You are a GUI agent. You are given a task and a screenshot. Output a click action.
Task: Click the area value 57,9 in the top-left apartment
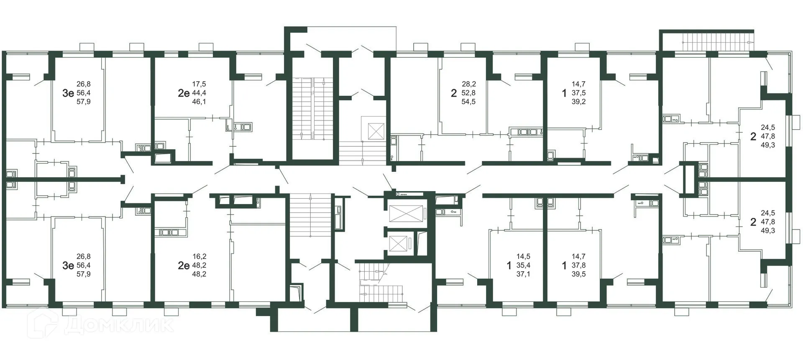click(83, 102)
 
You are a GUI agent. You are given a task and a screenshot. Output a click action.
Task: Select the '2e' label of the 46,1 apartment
click(184, 93)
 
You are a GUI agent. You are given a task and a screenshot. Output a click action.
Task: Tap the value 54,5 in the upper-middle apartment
click(468, 102)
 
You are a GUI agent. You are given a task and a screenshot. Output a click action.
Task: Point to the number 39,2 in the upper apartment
click(578, 102)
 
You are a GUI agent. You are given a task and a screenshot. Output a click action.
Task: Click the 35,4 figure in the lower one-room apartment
click(523, 265)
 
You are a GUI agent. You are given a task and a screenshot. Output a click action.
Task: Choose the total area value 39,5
click(578, 274)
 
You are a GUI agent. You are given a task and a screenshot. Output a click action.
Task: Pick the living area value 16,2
click(199, 256)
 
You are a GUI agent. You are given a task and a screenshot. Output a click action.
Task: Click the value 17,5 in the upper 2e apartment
click(199, 84)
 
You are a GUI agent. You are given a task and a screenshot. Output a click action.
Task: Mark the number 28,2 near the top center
click(468, 84)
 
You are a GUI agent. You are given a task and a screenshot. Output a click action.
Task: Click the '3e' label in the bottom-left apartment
click(68, 265)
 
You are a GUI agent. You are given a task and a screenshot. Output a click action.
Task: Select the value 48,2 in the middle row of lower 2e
click(199, 265)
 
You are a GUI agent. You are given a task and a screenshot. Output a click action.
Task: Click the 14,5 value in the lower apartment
click(523, 256)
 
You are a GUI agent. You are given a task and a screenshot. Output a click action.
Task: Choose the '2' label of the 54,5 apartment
click(453, 93)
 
